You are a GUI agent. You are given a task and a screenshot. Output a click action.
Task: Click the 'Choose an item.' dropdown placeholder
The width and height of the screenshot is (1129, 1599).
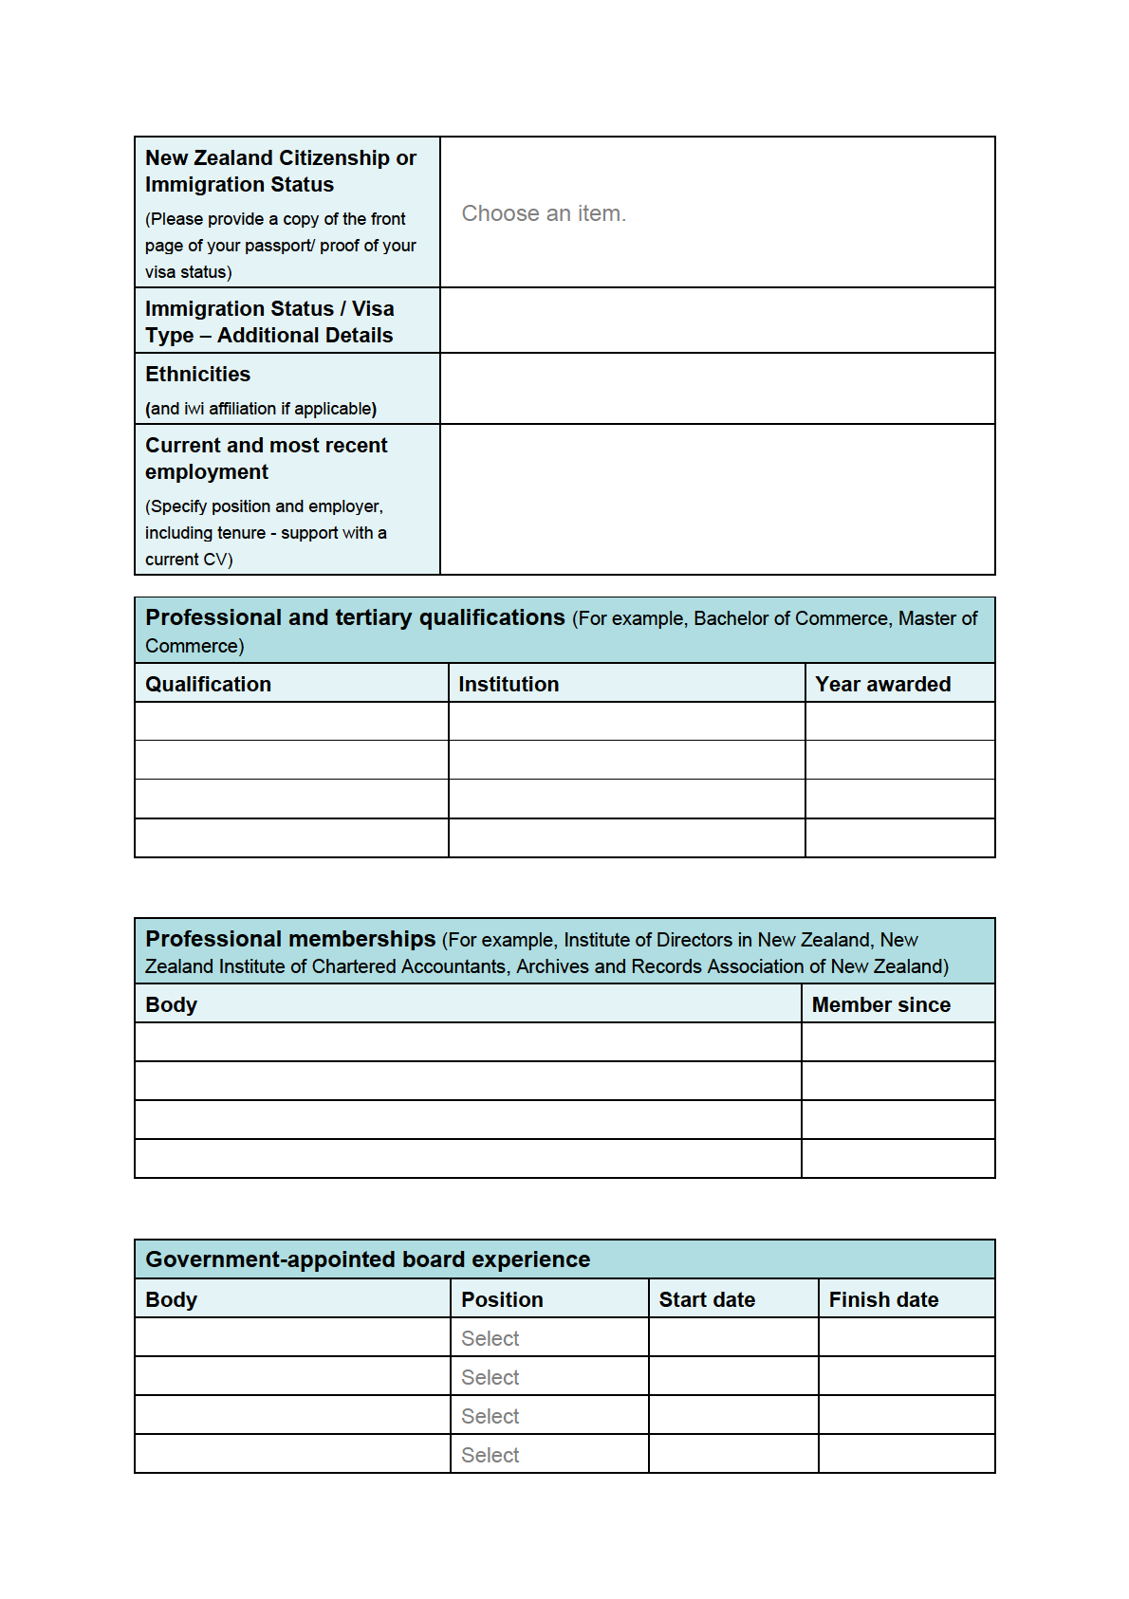tap(544, 214)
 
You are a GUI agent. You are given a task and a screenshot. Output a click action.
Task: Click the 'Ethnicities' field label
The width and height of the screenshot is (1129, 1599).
tap(197, 375)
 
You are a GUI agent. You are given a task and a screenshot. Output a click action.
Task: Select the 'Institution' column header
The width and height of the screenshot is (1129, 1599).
tap(509, 685)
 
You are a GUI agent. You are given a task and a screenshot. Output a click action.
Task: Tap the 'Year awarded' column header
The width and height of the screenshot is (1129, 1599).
tap(882, 685)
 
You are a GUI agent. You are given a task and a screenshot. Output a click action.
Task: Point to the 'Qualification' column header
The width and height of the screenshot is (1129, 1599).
tap(208, 685)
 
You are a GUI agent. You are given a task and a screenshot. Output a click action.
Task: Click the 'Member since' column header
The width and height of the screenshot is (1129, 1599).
tap(880, 1005)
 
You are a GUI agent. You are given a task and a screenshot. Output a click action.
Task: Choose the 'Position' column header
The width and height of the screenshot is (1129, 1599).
tap(502, 1300)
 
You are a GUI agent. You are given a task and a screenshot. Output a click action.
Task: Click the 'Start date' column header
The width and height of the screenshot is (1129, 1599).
tap(707, 1300)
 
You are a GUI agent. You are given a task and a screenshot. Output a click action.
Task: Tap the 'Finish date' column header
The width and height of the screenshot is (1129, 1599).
tap(883, 1300)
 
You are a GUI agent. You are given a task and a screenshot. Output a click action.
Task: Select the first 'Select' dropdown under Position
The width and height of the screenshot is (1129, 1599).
tap(490, 1339)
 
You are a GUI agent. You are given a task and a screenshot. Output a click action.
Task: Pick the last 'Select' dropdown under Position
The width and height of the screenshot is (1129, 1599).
tap(490, 1456)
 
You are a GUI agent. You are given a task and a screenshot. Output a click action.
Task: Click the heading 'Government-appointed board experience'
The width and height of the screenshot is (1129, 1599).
tap(367, 1260)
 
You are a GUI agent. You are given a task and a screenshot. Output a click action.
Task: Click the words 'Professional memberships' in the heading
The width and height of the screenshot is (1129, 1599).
tap(290, 939)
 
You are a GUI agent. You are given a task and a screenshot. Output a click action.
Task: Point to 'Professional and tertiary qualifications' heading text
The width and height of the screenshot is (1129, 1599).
tap(355, 618)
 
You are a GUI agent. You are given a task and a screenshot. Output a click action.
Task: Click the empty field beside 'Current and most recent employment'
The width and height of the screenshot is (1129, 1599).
tap(717, 500)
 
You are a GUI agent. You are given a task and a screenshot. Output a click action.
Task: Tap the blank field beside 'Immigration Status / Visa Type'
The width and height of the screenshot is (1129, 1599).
tap(717, 322)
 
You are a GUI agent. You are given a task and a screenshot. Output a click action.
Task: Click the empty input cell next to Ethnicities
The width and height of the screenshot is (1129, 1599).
tap(717, 389)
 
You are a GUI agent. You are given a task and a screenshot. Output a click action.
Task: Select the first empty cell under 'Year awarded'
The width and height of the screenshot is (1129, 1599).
tap(899, 722)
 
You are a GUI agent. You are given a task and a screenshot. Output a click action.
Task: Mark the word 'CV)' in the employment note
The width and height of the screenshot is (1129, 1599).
tap(218, 560)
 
